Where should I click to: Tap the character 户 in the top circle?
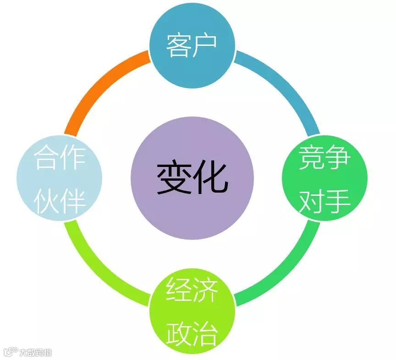tap(204, 44)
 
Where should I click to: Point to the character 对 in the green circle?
tap(312, 201)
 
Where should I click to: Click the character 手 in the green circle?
tap(338, 201)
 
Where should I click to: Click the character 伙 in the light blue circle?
tap(47, 201)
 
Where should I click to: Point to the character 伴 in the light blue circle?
tap(73, 201)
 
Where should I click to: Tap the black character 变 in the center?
tap(174, 178)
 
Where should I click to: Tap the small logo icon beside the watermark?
tap(10, 352)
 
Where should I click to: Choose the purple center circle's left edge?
tap(133, 178)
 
